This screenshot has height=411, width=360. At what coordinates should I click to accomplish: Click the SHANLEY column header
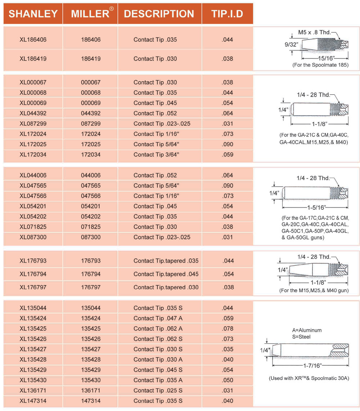[x=33, y=14]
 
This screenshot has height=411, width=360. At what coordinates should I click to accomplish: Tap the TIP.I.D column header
[x=227, y=14]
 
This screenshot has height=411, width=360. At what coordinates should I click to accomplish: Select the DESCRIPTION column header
[x=159, y=14]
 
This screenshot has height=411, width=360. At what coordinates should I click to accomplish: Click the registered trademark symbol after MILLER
[x=112, y=9]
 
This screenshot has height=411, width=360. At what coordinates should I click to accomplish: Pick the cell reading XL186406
[x=33, y=40]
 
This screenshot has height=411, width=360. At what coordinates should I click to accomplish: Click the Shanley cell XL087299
[x=33, y=124]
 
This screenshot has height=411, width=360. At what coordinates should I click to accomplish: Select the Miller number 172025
[x=91, y=144]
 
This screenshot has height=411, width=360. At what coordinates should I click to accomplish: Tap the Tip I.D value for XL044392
[x=228, y=113]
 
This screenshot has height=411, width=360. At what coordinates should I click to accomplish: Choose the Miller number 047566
[x=91, y=196]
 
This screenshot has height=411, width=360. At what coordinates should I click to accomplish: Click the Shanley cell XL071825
[x=33, y=227]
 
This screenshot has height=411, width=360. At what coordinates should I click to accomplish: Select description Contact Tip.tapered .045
[x=166, y=274]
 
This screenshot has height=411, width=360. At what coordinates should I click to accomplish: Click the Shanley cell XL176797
[x=33, y=287]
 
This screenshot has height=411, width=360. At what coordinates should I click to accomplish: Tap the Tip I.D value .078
[x=228, y=329]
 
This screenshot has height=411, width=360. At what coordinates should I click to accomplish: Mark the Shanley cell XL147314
[x=33, y=401]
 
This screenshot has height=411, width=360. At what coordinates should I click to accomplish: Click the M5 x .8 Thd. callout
[x=314, y=32]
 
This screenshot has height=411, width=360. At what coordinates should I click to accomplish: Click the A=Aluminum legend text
[x=307, y=330]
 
